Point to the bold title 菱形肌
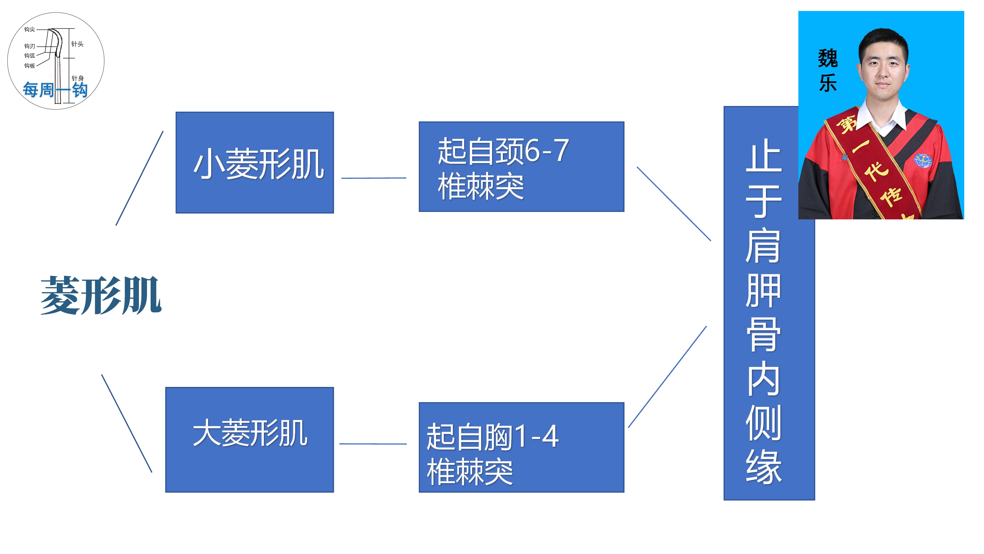tap(100, 296)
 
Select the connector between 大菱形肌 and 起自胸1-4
tap(373, 444)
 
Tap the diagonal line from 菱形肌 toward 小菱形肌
tap(139, 178)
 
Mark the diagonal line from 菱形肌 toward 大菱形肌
tap(127, 423)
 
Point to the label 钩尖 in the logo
tap(29, 29)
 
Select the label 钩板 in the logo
tap(29, 66)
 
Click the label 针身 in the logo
tap(78, 78)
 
